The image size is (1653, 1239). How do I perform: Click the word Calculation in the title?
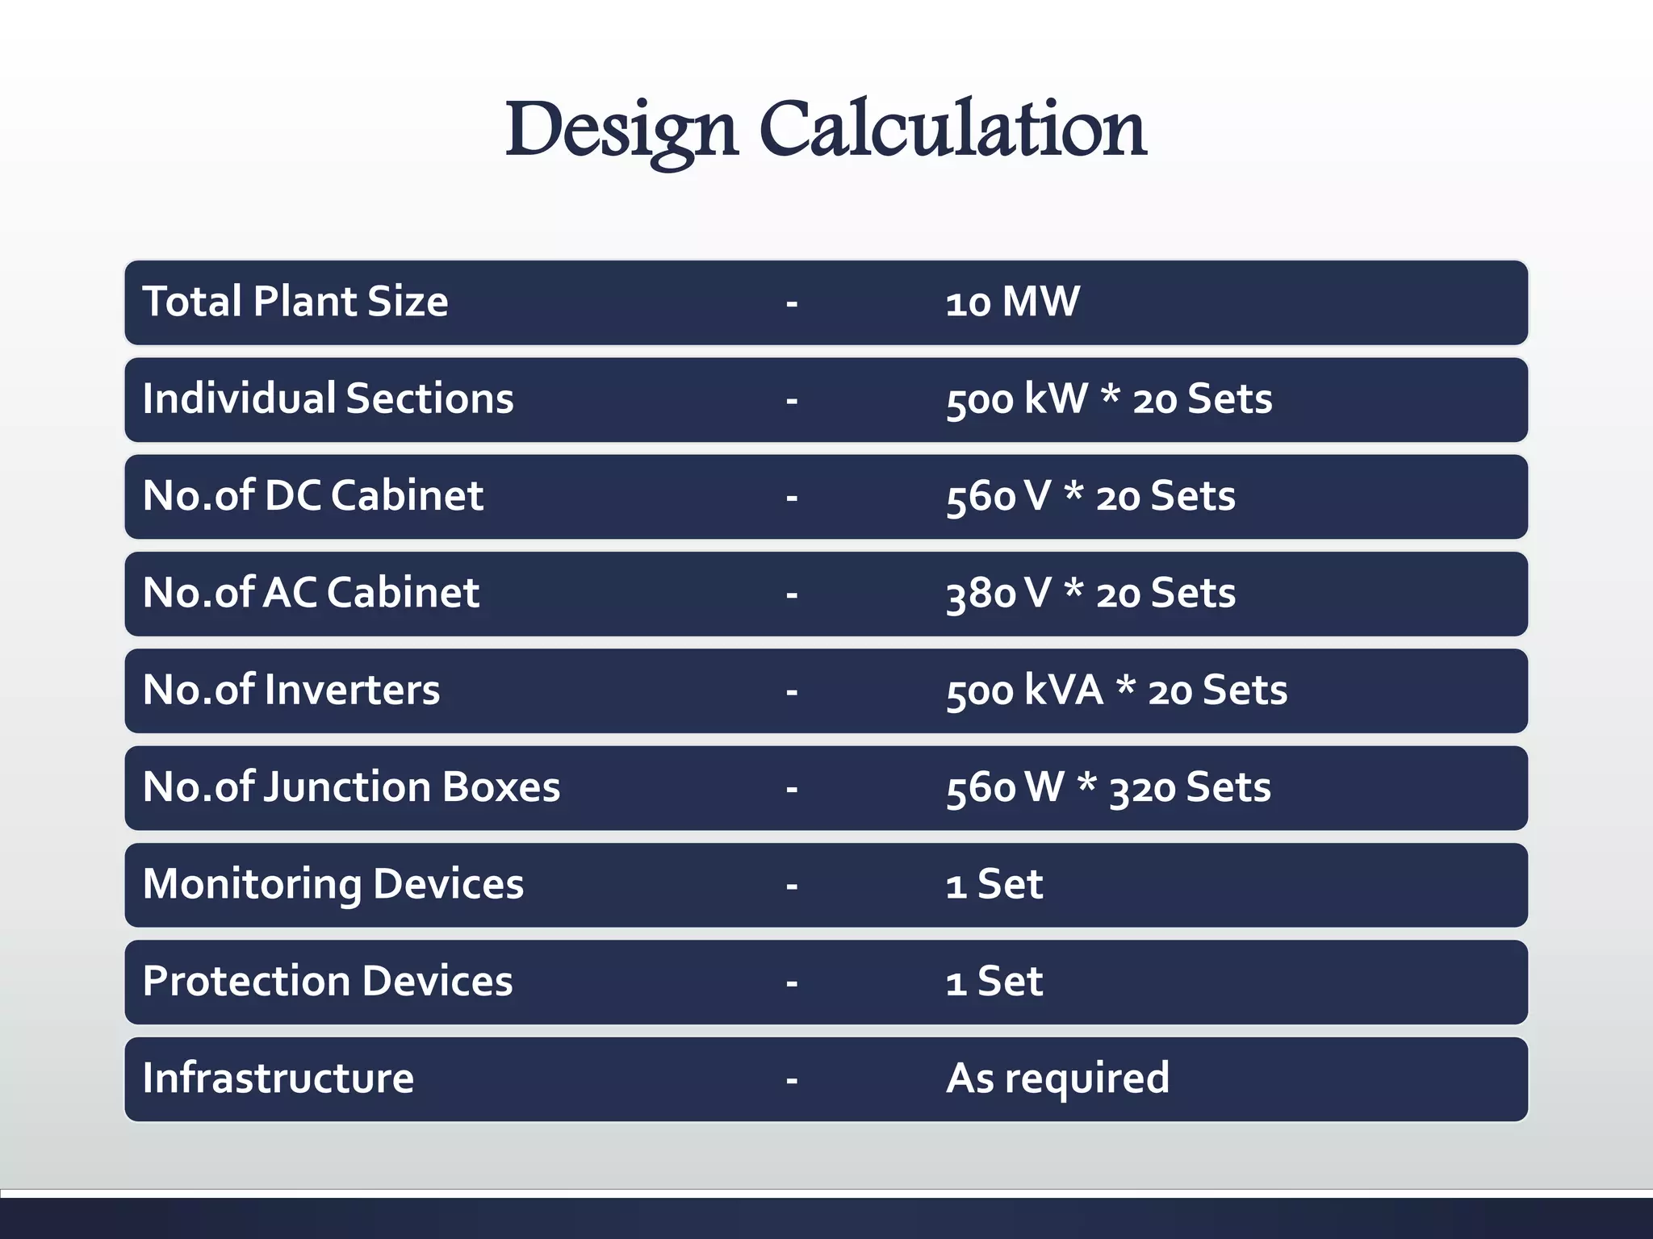pyautogui.click(x=952, y=129)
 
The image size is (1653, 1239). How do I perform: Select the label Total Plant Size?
pyautogui.click(x=295, y=302)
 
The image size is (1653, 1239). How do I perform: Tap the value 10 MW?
pyautogui.click(x=1012, y=302)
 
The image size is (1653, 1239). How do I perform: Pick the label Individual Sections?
pyautogui.click(x=328, y=399)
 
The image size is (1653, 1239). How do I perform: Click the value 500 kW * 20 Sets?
pyautogui.click(x=1109, y=399)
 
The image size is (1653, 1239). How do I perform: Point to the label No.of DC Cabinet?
pyautogui.click(x=313, y=496)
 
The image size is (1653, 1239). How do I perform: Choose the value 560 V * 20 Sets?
pyautogui.click(x=1090, y=496)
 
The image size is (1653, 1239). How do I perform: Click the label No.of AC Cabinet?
pyautogui.click(x=311, y=594)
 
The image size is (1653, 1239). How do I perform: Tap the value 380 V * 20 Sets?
pyautogui.click(x=1090, y=594)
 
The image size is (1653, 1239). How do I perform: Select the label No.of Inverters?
pyautogui.click(x=291, y=690)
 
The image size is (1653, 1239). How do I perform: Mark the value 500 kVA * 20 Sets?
pyautogui.click(x=1116, y=690)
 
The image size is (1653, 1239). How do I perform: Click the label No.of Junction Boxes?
pyautogui.click(x=351, y=787)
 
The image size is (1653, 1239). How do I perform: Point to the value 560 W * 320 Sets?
pyautogui.click(x=1108, y=787)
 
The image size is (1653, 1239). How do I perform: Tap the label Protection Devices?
pyautogui.click(x=328, y=982)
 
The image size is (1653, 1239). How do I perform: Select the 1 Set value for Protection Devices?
pyautogui.click(x=994, y=982)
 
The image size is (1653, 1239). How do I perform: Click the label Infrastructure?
pyautogui.click(x=278, y=1078)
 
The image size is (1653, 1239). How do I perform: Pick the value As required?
pyautogui.click(x=1057, y=1078)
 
